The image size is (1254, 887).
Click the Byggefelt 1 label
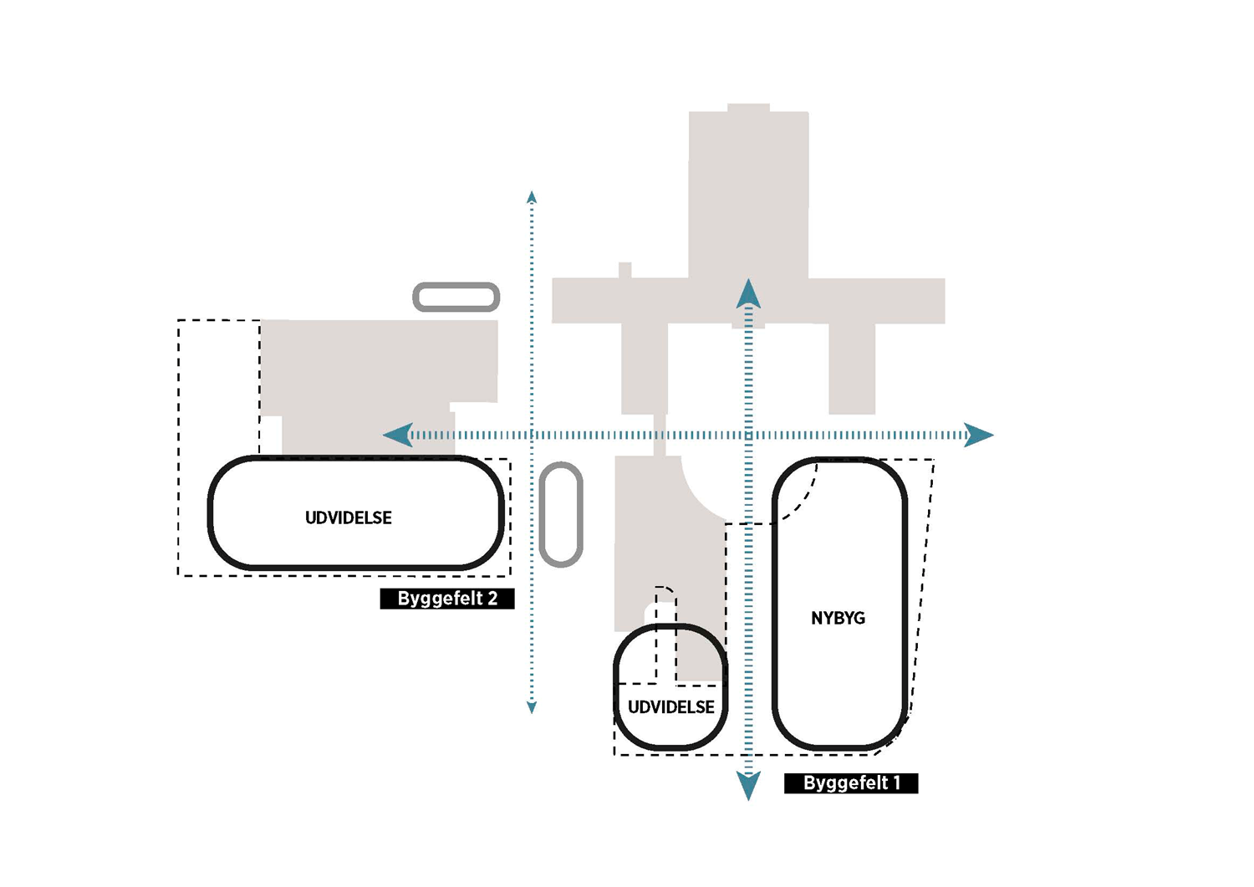[851, 782]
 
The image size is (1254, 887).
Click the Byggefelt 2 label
[447, 599]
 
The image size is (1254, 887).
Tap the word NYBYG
[838, 618]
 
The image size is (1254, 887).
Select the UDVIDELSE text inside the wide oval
[349, 518]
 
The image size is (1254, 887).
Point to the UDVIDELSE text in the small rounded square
[671, 707]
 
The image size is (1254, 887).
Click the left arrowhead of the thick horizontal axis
[398, 435]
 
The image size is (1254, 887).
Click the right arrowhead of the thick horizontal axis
[979, 435]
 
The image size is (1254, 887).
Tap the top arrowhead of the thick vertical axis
[748, 293]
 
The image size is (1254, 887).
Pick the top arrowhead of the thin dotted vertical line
[532, 196]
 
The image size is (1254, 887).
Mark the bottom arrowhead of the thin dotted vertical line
[532, 707]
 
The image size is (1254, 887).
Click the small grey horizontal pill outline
[456, 284]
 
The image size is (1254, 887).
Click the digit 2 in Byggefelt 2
[492, 599]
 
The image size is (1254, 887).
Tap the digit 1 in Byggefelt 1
[897, 782]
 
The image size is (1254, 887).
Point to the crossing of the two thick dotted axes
[748, 435]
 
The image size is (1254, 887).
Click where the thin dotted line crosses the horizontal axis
[532, 435]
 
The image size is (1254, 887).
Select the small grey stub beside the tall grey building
[625, 270]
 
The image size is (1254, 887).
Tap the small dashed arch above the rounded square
[665, 588]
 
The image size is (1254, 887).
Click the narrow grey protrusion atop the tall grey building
[748, 108]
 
